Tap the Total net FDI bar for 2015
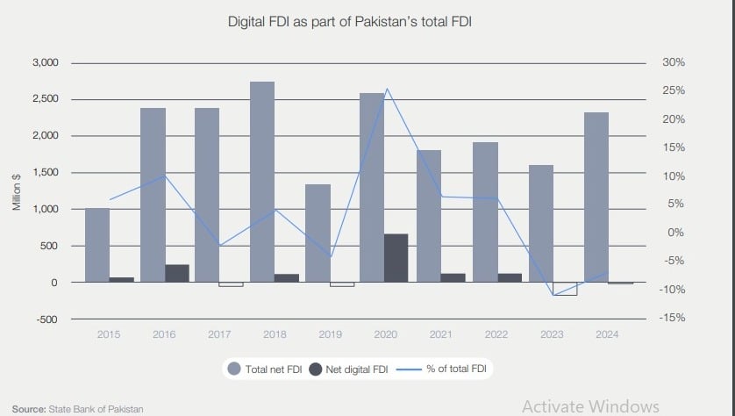(x=97, y=245)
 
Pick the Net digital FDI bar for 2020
(x=396, y=258)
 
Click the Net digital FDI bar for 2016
(x=177, y=273)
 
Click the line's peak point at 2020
(x=387, y=89)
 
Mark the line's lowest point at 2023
(x=553, y=295)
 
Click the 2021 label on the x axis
(x=440, y=334)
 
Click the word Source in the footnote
(x=28, y=409)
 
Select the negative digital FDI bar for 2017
(x=232, y=284)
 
